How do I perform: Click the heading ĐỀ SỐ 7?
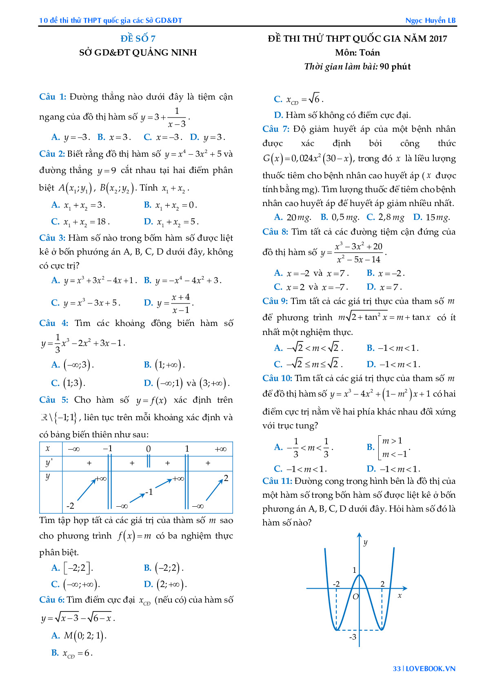point(138,39)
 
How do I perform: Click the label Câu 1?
point(53,97)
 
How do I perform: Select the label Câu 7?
point(276,129)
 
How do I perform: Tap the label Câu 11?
point(277,481)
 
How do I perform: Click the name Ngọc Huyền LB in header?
point(430,20)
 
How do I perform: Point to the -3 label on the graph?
point(353,637)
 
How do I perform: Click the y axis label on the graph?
point(365,542)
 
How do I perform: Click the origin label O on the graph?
point(355,597)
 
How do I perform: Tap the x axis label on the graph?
point(399,596)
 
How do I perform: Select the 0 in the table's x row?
point(149,449)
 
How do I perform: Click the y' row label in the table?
point(49,463)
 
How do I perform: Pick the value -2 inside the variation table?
point(70,506)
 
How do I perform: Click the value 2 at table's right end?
point(226,478)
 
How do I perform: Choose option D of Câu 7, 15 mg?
point(431,217)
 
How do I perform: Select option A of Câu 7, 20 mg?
point(293,217)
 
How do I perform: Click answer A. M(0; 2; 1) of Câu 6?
point(79,636)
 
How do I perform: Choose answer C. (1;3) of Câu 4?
point(68,383)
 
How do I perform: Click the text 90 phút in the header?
point(395,67)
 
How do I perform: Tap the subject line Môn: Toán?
point(357,53)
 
